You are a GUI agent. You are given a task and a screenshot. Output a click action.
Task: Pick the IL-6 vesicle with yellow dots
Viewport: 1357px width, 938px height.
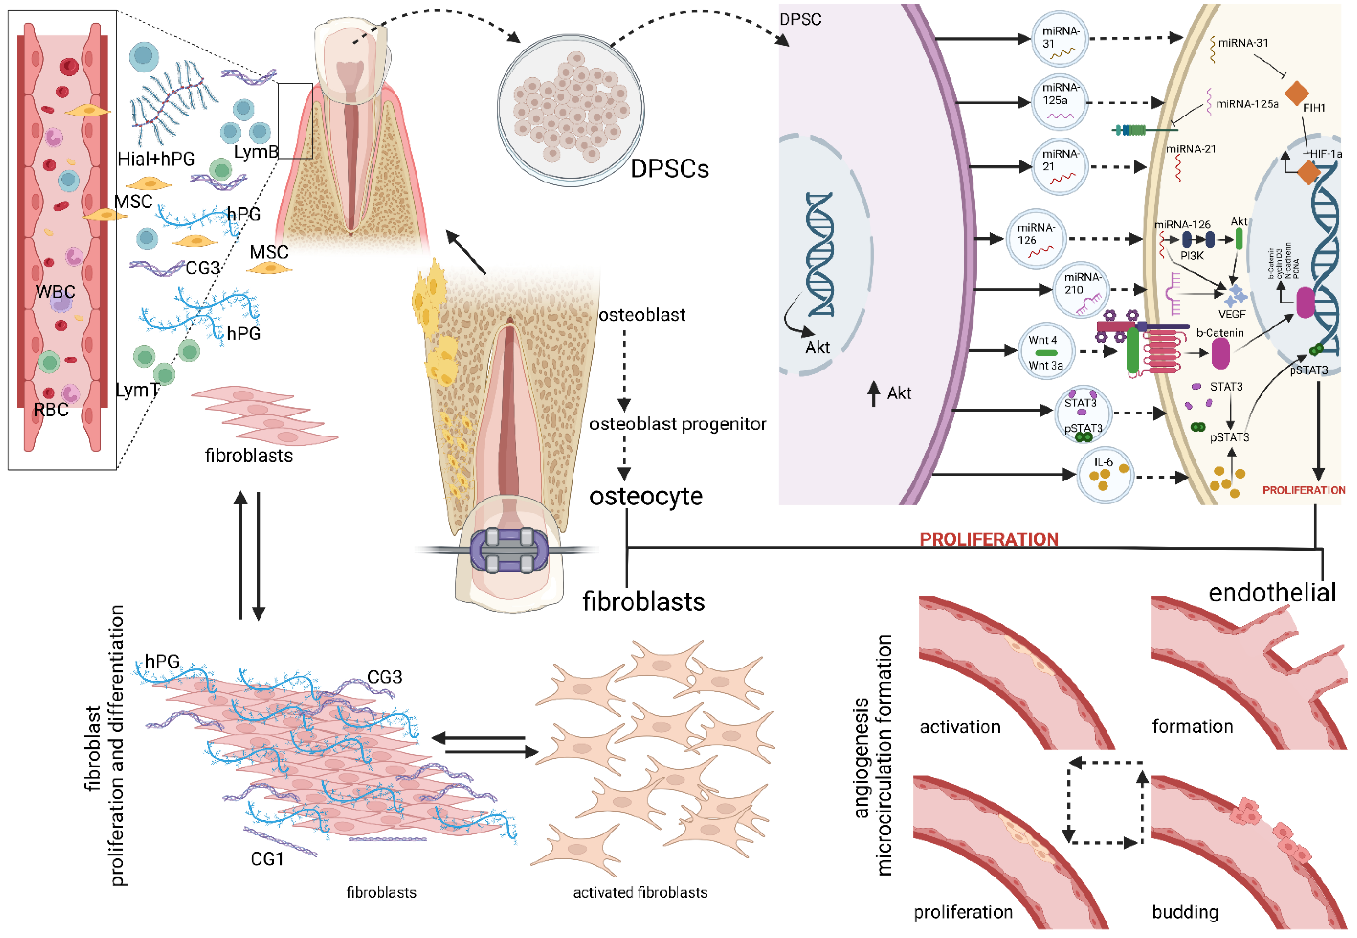1105,475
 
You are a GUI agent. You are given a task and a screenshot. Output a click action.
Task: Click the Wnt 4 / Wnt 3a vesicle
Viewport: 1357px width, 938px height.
1046,351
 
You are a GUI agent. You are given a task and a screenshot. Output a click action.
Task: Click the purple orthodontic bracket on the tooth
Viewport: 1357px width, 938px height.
509,550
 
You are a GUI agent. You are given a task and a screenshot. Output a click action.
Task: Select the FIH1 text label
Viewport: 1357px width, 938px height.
1314,108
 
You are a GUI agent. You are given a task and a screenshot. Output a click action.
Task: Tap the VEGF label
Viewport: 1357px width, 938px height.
1232,315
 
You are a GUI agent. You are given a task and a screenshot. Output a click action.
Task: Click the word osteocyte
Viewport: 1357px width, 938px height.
646,497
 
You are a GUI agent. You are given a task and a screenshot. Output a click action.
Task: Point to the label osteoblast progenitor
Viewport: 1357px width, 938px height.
678,424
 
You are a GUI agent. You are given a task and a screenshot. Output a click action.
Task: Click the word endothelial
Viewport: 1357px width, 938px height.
1272,592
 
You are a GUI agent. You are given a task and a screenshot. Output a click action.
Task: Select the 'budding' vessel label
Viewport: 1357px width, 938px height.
1185,912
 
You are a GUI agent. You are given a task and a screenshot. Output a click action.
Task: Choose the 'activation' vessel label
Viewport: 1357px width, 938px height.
960,727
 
